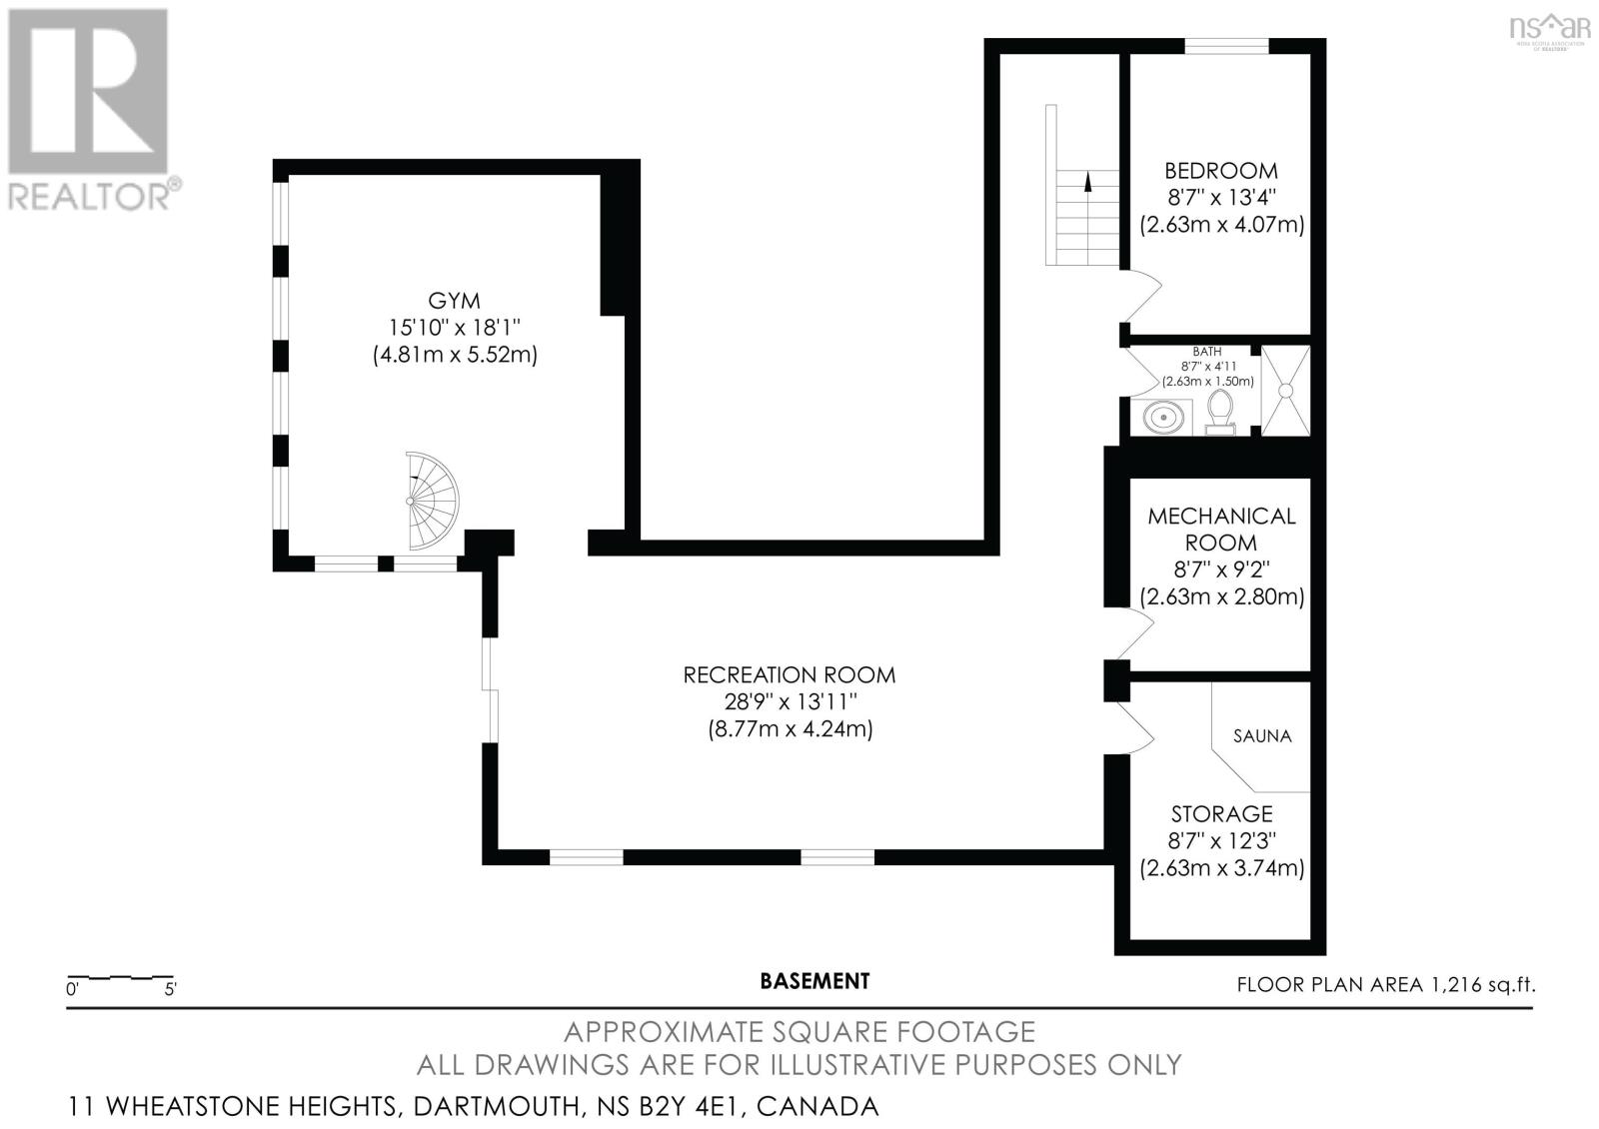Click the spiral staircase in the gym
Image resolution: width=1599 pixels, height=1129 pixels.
pos(431,501)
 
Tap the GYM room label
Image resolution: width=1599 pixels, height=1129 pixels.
pos(454,301)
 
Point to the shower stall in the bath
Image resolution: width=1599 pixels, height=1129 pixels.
pos(1285,390)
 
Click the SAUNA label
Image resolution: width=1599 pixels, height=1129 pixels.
pos(1262,736)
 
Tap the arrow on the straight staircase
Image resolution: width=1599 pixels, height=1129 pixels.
pos(1087,182)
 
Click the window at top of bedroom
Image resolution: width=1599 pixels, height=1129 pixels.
pos(1226,45)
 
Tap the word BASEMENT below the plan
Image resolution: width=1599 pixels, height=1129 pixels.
pos(814,981)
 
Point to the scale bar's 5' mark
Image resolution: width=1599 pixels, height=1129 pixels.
pos(170,990)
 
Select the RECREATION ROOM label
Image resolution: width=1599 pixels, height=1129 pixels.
pos(790,675)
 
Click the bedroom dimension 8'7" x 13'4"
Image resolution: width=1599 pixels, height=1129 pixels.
pos(1221,198)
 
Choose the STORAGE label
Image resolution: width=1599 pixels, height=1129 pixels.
pos(1221,814)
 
